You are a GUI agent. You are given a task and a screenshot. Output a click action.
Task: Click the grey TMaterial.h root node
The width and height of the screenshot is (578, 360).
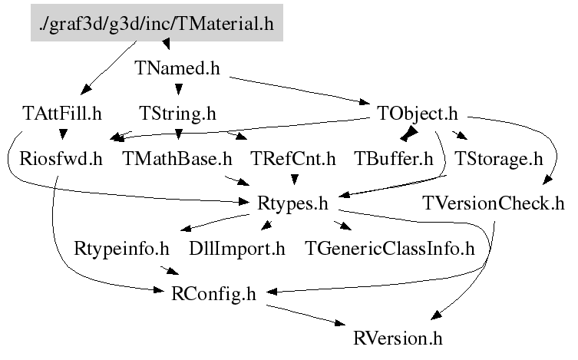point(157,24)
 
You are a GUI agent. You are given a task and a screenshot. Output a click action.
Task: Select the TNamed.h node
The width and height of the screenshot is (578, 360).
point(177,68)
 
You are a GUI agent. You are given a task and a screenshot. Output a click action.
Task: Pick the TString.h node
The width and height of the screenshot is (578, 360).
point(177,114)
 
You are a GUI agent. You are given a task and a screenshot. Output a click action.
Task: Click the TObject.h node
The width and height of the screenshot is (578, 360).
point(418,114)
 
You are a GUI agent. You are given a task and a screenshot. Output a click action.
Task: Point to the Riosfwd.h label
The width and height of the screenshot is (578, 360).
point(61,159)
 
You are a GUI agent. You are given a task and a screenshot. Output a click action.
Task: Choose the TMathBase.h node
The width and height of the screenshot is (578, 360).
point(177,159)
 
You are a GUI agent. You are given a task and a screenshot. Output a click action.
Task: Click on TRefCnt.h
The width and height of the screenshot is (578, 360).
point(294,159)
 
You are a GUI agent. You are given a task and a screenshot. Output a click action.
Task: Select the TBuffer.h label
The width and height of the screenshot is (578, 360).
point(394,159)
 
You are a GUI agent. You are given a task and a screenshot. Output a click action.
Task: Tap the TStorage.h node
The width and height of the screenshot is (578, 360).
point(498,159)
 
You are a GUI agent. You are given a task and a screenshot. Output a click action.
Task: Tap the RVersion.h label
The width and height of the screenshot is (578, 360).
point(398,337)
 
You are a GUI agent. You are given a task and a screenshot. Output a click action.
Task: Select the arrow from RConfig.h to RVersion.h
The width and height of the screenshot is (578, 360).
point(307,315)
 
